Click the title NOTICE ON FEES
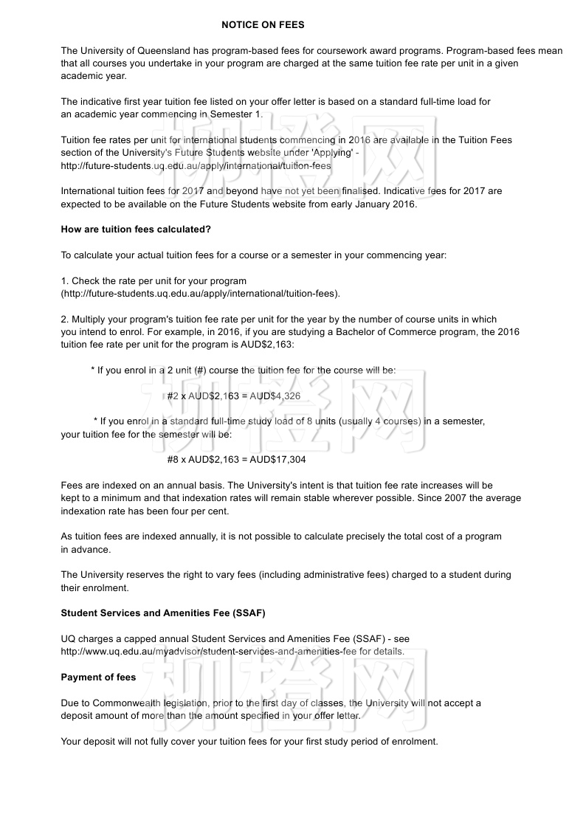[x=263, y=24]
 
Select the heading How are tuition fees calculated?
[x=136, y=230]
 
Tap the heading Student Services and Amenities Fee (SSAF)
[x=162, y=613]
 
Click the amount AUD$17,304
[x=278, y=460]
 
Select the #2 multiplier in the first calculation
[x=173, y=396]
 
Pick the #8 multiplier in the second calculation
[x=173, y=460]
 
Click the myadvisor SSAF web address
[x=232, y=652]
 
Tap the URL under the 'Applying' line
[x=196, y=166]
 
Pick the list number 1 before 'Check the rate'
[x=63, y=281]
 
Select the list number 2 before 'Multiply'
[x=63, y=320]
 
